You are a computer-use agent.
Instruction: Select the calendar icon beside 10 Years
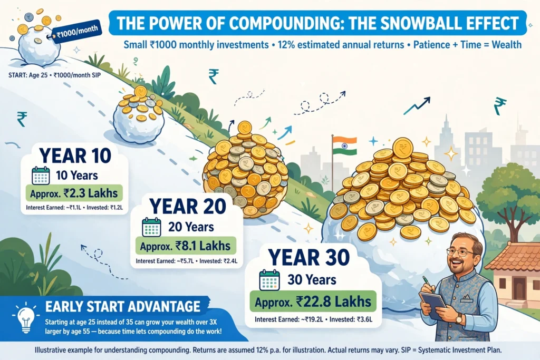41,176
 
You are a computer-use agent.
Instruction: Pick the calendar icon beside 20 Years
151,227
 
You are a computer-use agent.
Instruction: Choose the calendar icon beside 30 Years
269,280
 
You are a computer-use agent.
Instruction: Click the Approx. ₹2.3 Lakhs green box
74,193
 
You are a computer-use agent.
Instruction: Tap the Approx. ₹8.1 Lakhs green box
186,246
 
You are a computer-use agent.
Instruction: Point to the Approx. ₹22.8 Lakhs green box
313,301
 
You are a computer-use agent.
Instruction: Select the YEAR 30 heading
309,258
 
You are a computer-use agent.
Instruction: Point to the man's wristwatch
459,319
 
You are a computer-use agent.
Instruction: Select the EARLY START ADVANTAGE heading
122,306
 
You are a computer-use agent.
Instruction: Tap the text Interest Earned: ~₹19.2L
289,320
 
